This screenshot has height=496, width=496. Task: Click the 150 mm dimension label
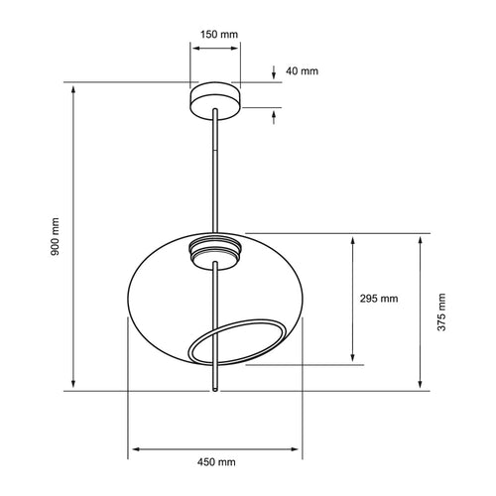[x=219, y=35]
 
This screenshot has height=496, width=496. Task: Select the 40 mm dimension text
[x=302, y=71]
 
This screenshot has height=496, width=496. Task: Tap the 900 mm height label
[x=55, y=236]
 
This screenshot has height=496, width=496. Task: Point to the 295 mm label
[x=379, y=299]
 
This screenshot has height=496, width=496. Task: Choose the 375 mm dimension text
[x=441, y=312]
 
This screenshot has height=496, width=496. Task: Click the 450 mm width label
[x=216, y=461]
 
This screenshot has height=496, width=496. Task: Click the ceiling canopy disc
[x=215, y=100]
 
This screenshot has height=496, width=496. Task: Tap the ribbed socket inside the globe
[x=215, y=253]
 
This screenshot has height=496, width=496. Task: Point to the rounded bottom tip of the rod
[x=215, y=390]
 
